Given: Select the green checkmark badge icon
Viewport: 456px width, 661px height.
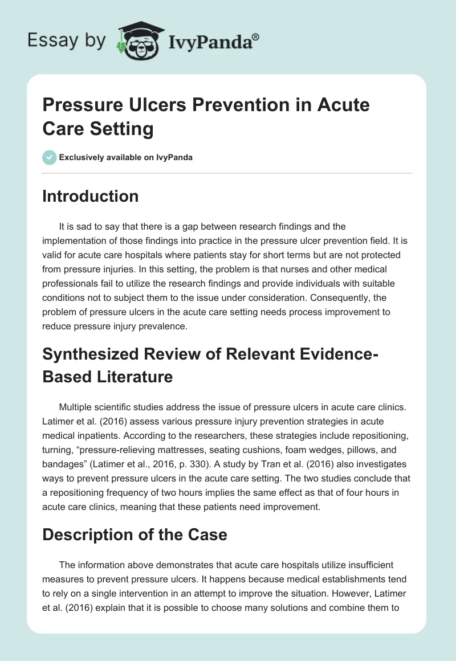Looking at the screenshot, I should (x=50, y=157).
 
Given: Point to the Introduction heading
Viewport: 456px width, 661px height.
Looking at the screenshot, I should (x=91, y=196).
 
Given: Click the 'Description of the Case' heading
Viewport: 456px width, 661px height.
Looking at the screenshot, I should (x=135, y=535).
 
